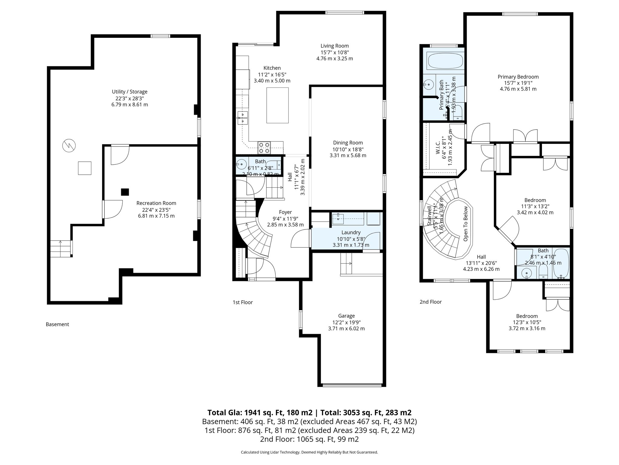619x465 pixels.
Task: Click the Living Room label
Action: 335,46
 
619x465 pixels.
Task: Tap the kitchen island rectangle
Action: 277,105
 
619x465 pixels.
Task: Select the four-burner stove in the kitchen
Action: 264,148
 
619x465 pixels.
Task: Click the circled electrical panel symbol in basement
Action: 69,146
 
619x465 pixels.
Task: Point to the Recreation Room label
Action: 156,203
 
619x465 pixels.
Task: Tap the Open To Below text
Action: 465,224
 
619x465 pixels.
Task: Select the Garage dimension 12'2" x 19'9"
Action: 346,322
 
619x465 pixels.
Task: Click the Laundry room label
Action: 351,232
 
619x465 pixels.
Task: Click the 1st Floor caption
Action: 243,302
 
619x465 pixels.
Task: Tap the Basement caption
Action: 57,324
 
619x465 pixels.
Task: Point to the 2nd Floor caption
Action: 431,302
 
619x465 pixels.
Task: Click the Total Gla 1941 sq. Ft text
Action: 260,413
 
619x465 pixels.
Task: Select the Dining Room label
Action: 348,143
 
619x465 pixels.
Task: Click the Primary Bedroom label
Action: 518,77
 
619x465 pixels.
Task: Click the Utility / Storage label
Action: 130,92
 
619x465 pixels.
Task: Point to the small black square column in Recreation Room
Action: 125,192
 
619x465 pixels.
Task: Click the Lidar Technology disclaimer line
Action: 309,452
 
